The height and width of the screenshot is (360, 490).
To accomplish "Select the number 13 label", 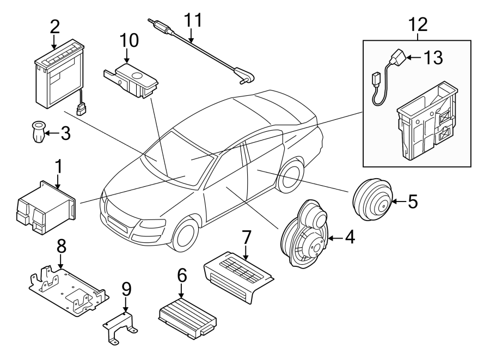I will pyautogui.click(x=433, y=58).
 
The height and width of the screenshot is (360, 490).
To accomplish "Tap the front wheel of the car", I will pyautogui.click(x=183, y=235).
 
